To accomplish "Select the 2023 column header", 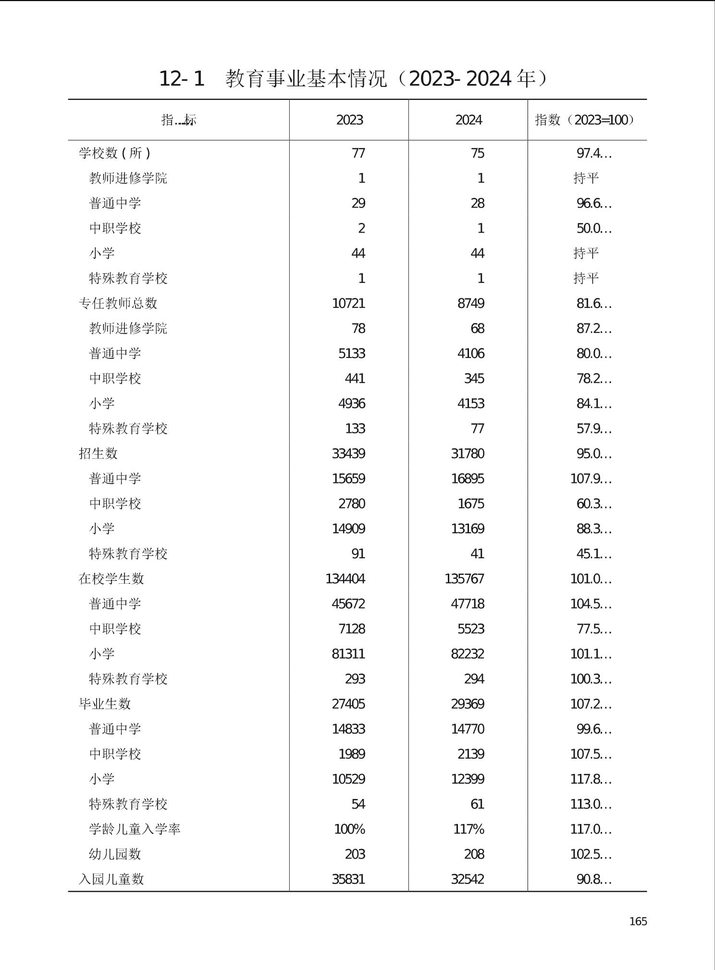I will (x=349, y=120).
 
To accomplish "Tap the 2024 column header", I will (x=468, y=120).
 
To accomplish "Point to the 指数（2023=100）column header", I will (x=585, y=120).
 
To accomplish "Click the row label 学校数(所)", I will (x=115, y=153).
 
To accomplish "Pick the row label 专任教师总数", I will (x=118, y=303).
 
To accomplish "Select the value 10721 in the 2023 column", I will (x=348, y=304).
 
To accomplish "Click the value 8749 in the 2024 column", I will (x=470, y=304).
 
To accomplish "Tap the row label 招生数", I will (x=98, y=454).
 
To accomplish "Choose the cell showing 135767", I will (x=464, y=579).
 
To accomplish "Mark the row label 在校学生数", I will (x=111, y=579).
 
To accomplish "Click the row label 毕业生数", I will (x=105, y=704).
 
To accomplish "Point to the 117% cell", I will (x=468, y=829).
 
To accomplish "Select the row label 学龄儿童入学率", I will (x=135, y=829).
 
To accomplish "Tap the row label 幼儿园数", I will (x=115, y=854).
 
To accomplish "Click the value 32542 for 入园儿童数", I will (x=467, y=879).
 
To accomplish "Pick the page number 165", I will (x=638, y=921).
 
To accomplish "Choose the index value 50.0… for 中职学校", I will (x=594, y=229).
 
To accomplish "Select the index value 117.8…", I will (x=591, y=779).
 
